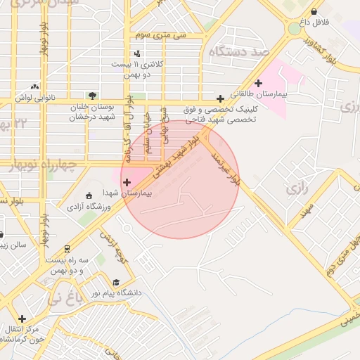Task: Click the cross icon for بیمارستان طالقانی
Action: (259, 83)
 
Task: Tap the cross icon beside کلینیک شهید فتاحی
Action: (221, 99)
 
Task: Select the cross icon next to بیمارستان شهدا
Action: (127, 182)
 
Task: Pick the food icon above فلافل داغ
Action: (313, 12)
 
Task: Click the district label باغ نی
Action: (65, 299)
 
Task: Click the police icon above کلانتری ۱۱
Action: (137, 53)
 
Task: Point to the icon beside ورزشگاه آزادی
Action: (88, 195)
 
